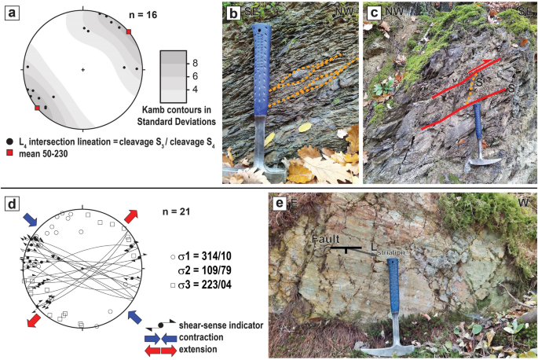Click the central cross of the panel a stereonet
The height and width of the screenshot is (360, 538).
pyautogui.click(x=83, y=71)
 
